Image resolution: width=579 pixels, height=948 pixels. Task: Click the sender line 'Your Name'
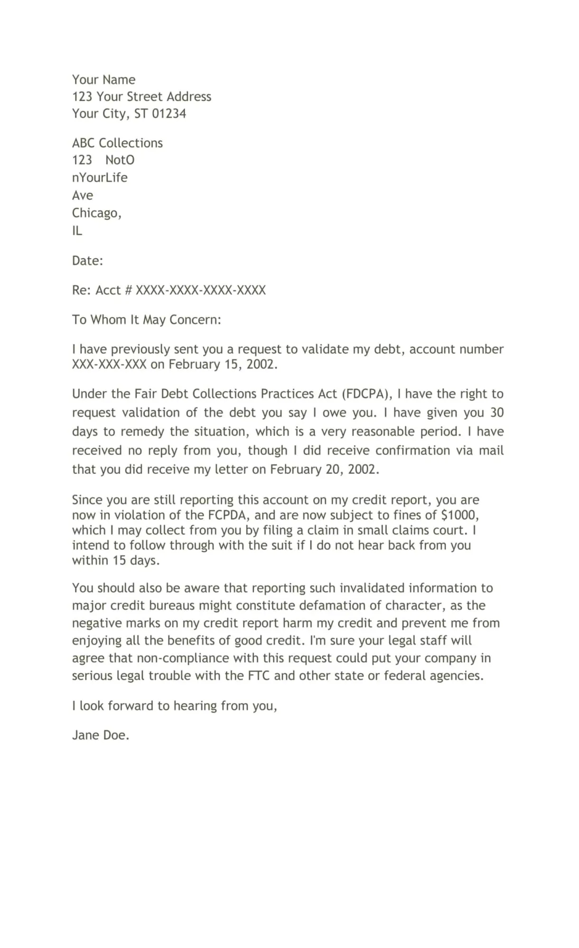103,79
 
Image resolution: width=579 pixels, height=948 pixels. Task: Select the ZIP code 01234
169,114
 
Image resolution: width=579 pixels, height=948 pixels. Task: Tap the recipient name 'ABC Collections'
117,143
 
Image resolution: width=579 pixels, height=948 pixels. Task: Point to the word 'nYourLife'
100,178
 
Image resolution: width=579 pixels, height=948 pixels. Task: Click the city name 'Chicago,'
97,213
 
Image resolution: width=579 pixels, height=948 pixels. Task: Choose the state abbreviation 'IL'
77,230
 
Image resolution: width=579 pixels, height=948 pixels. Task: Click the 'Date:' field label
87,260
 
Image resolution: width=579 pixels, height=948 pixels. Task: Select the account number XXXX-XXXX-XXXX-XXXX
201,290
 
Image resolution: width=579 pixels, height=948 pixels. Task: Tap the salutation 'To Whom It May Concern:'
146,320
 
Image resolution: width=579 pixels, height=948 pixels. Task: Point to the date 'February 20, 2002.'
325,469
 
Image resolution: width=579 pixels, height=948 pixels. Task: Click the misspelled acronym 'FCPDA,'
229,515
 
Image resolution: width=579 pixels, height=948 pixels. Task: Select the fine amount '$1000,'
460,515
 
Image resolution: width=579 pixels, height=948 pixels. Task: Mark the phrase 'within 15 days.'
116,560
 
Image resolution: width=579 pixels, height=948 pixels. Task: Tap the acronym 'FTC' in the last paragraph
259,675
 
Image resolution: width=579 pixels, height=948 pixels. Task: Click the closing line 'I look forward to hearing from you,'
174,706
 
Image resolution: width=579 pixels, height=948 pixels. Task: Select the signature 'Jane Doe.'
101,735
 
